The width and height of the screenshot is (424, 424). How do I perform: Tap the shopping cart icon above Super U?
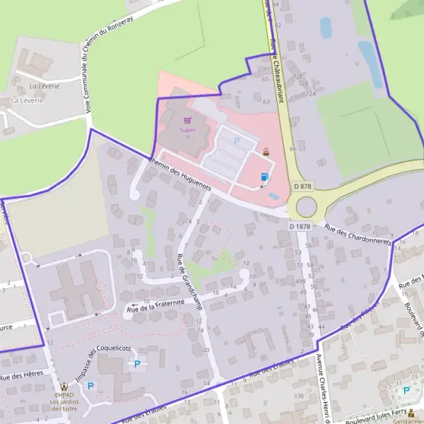[x=187, y=121]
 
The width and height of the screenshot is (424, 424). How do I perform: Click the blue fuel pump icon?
[x=265, y=177]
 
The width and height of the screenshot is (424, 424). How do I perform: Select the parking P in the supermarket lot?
[x=237, y=141]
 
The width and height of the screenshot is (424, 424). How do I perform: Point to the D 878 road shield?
[x=302, y=186]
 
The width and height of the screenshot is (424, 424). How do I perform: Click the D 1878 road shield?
[x=300, y=226]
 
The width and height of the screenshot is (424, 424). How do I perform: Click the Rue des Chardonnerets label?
[x=358, y=234]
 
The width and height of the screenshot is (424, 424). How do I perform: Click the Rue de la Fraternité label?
[x=155, y=305]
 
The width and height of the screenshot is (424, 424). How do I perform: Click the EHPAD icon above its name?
[x=65, y=387]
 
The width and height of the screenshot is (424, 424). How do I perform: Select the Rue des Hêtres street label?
[x=22, y=374]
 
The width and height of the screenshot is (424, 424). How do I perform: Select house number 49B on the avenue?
[x=301, y=281]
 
